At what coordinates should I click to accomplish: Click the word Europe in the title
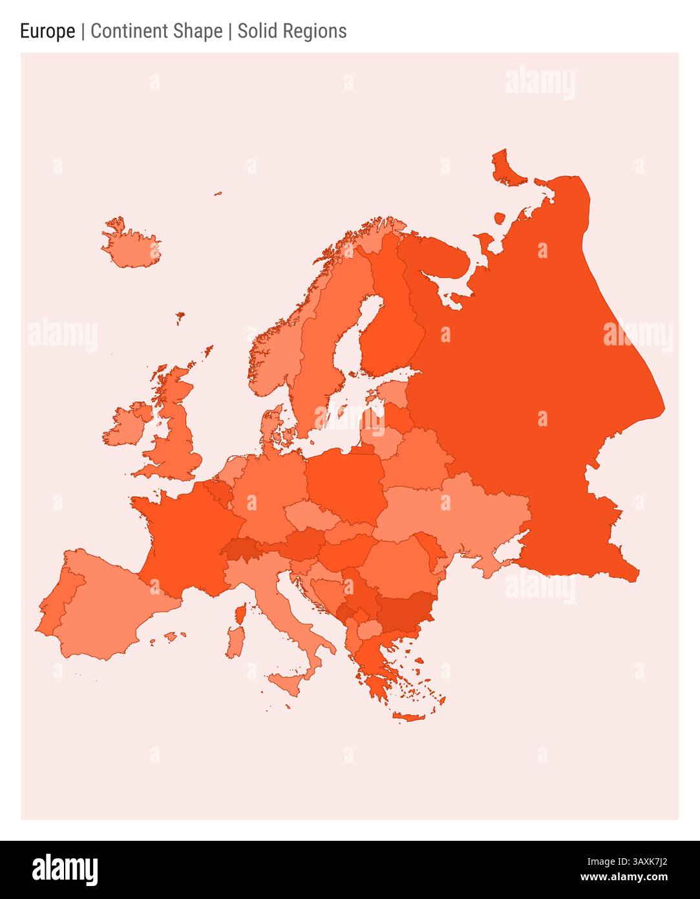coord(47,31)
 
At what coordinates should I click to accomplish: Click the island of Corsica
coord(239,613)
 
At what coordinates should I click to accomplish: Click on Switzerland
coord(240,549)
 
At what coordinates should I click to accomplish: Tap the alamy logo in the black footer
coord(65,870)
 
